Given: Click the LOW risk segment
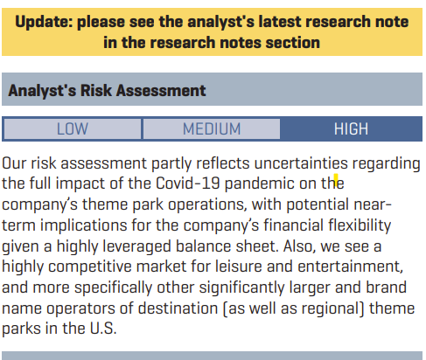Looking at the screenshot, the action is click(x=73, y=128).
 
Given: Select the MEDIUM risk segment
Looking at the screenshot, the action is click(x=212, y=128).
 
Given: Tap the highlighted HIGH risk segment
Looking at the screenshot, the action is click(x=351, y=128).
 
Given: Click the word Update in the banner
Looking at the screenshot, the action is click(x=44, y=22).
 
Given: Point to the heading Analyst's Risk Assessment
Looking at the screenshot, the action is click(x=107, y=90).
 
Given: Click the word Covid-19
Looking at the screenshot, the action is click(x=187, y=183).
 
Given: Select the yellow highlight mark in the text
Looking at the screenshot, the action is click(x=336, y=180).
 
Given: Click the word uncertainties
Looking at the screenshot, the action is click(x=301, y=163).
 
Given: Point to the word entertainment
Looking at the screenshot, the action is click(x=350, y=267).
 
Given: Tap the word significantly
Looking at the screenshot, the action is click(x=241, y=287).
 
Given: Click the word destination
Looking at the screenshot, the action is click(x=178, y=308).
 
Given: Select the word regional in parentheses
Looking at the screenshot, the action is click(x=331, y=308).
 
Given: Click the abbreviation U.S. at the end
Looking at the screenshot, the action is click(x=103, y=329).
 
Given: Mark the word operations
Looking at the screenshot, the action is click(x=207, y=204).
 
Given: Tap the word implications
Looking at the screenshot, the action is click(x=84, y=225).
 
